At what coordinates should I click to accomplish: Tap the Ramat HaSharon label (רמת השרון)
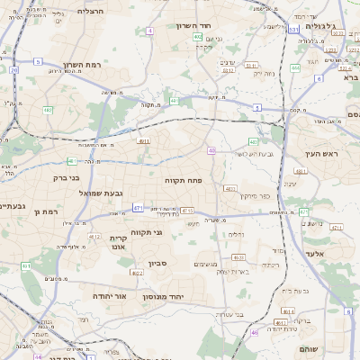click(x=86, y=65)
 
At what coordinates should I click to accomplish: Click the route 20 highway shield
click(x=13, y=68)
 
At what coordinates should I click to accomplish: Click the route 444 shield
click(x=295, y=67)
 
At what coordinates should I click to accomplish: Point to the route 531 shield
click(x=293, y=30)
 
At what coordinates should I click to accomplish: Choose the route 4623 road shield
click(x=238, y=256)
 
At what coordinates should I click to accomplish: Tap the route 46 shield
click(x=255, y=332)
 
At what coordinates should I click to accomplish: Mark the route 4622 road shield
click(x=94, y=236)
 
